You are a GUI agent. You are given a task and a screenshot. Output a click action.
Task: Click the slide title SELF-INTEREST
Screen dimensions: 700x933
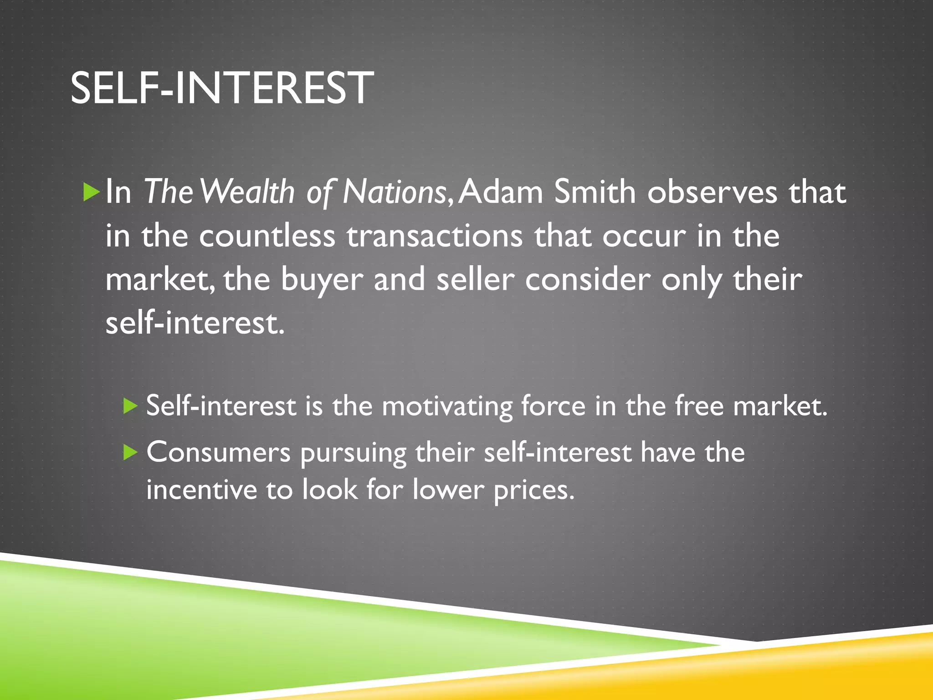(222, 88)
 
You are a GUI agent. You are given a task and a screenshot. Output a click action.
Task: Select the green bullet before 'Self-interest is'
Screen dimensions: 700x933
(130, 405)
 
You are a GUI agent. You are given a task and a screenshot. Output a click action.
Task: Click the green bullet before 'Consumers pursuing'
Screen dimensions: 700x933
(130, 452)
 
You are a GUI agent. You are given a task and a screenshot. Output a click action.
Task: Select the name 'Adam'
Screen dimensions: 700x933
(501, 192)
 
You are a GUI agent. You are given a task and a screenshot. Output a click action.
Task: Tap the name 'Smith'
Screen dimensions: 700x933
(595, 192)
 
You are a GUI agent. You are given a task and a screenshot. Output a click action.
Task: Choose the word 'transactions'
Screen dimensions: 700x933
(435, 236)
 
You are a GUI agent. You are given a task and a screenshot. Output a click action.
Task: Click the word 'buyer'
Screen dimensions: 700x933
(322, 280)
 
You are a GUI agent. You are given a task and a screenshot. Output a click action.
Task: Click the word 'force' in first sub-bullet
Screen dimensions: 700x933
(553, 405)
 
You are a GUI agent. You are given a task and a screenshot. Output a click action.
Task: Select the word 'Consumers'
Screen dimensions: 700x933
(218, 453)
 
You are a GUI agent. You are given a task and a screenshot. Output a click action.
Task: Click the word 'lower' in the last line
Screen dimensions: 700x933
(448, 490)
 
